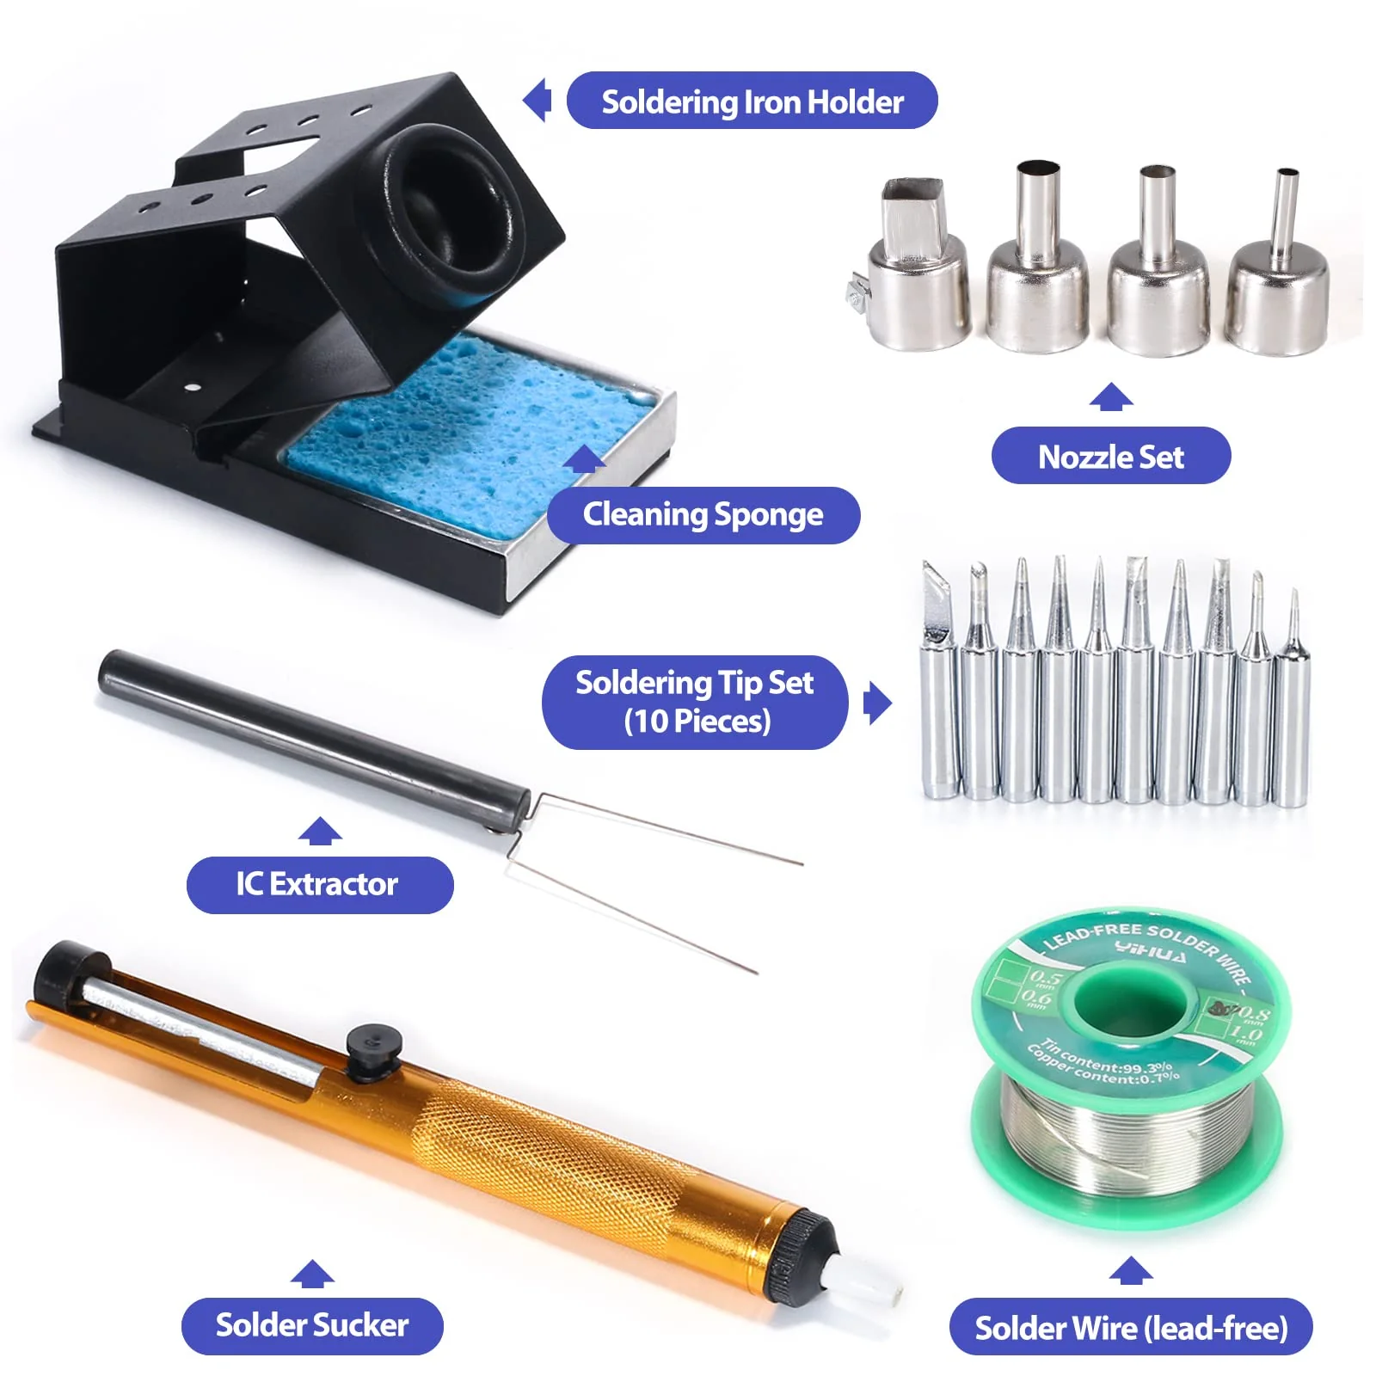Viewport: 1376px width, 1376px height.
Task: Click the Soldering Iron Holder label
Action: coord(752,101)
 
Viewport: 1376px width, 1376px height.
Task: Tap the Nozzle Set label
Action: coord(1110,456)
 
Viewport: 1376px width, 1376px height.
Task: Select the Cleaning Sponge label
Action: coord(703,515)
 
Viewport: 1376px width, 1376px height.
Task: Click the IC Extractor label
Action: coord(319,884)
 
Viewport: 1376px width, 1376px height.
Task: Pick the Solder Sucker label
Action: coord(311,1325)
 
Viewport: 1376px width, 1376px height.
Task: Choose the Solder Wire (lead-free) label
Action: coord(1130,1328)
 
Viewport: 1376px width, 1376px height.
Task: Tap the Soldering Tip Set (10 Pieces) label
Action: coord(694,702)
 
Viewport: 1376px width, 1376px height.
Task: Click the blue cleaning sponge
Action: coord(464,421)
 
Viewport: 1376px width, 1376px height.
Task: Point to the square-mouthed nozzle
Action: coord(917,267)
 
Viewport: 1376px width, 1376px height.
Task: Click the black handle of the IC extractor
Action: coord(310,731)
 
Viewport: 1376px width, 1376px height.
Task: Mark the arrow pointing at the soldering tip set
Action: coord(875,703)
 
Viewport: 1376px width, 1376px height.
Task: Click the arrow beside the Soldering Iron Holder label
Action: coord(538,101)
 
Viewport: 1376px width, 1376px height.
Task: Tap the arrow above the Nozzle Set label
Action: coord(1110,397)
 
